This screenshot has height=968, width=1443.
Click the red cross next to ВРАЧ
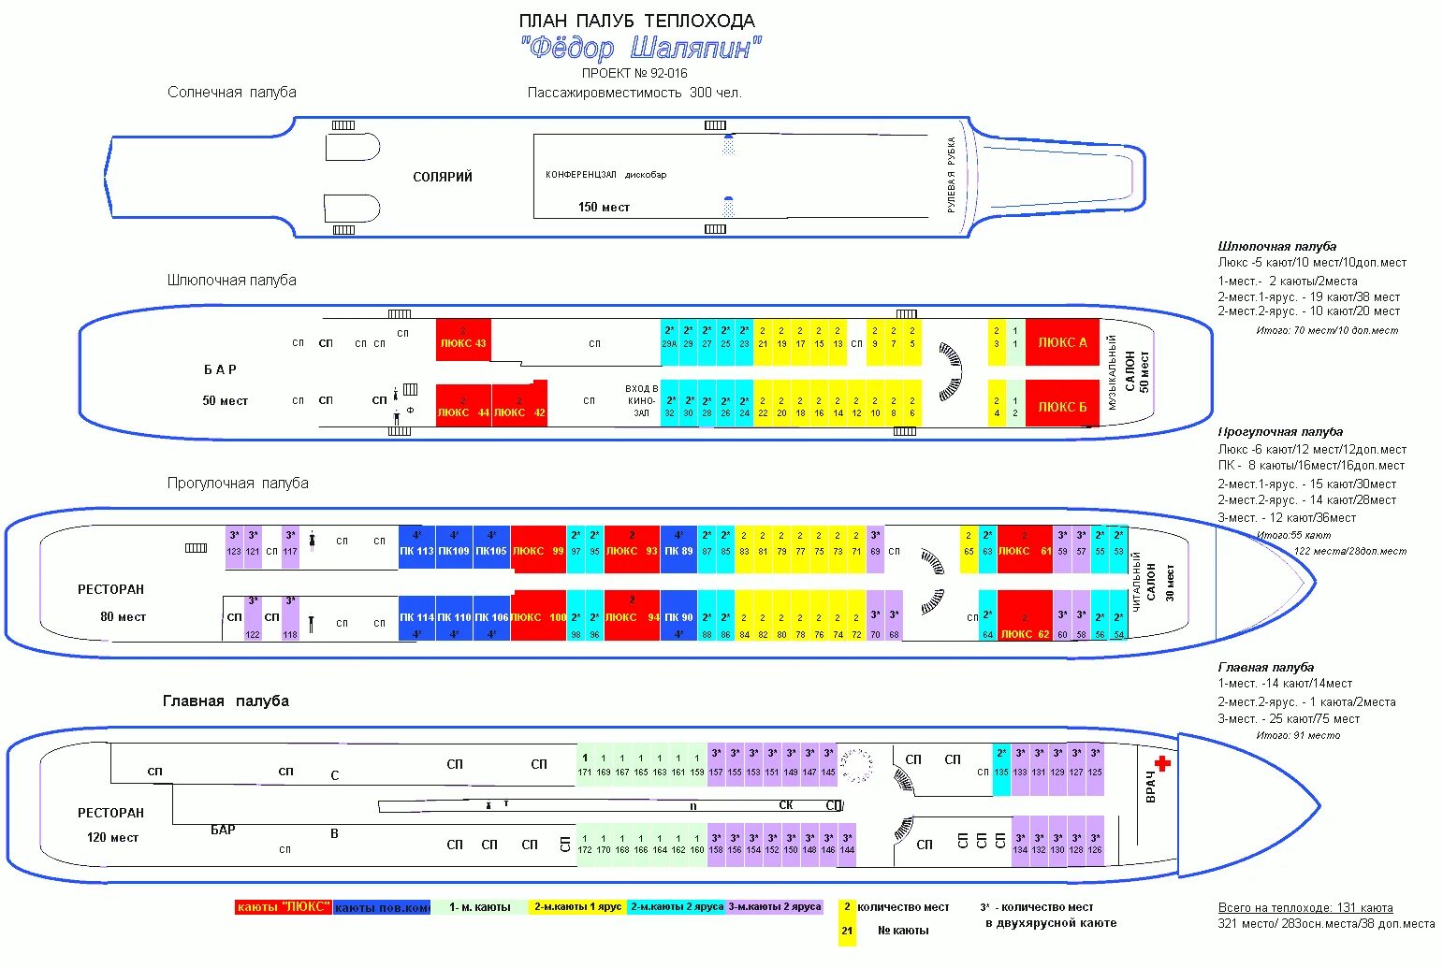[1162, 763]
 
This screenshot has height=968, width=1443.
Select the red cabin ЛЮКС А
[1062, 343]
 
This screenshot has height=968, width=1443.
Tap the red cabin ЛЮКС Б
[1062, 407]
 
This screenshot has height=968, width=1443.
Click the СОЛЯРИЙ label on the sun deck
[443, 177]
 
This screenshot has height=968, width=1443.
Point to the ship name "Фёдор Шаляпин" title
[641, 48]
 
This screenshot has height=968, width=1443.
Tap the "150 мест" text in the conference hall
[604, 208]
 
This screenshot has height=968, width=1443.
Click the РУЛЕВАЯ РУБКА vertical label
[952, 175]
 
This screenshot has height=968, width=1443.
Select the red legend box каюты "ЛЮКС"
[283, 907]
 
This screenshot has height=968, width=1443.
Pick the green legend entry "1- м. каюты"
[479, 907]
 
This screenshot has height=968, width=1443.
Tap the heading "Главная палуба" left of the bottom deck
[226, 701]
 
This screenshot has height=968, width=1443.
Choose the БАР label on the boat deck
[220, 369]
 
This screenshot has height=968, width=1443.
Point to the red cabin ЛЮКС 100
[538, 617]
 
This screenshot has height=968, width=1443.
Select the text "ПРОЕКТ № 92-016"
[634, 73]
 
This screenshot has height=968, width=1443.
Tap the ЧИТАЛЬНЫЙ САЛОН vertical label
[1144, 581]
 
